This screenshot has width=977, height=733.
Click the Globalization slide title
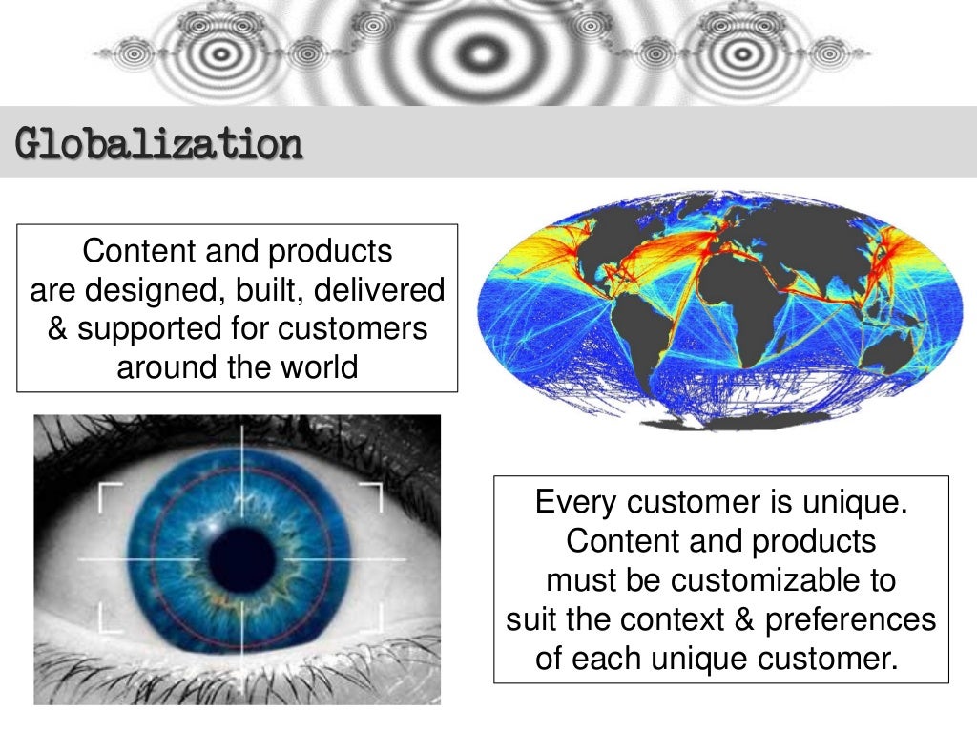click(x=159, y=145)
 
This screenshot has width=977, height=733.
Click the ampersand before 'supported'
click(x=58, y=327)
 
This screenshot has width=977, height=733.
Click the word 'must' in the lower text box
click(x=576, y=580)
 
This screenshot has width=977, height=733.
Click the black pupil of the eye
click(x=242, y=559)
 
